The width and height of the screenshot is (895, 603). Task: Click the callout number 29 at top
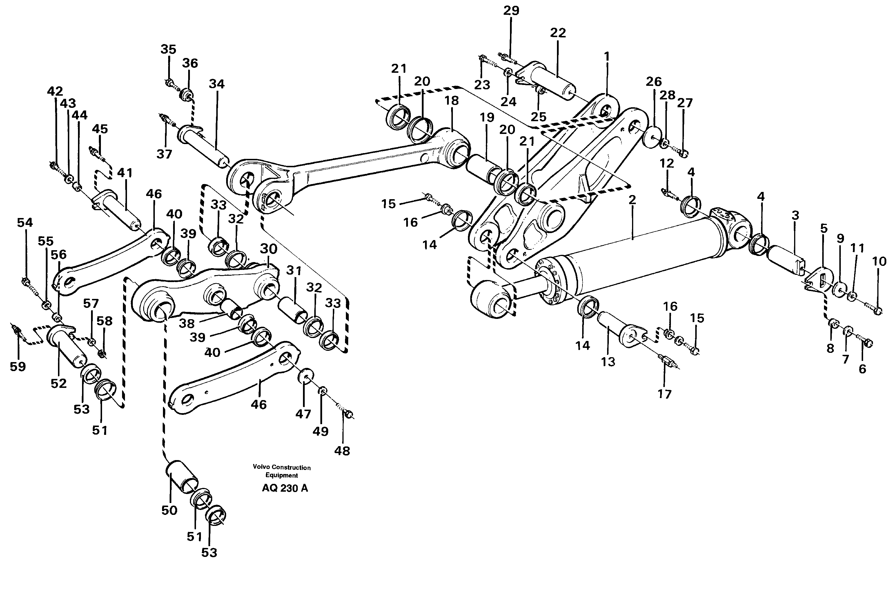coord(511,11)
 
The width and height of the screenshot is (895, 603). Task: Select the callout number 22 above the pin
coord(558,33)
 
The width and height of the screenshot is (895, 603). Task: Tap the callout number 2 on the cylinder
coord(632,200)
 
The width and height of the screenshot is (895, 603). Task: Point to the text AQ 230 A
coord(285,488)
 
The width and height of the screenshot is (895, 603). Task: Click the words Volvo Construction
coord(282,467)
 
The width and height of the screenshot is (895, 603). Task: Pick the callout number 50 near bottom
coord(169,510)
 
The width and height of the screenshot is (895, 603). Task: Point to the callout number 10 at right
coord(879,261)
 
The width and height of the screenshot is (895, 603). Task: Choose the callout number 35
coord(168,50)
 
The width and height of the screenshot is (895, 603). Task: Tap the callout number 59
coord(18,366)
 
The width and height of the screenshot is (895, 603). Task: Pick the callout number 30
coord(268,249)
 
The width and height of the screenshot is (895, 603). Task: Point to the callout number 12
coord(667,164)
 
